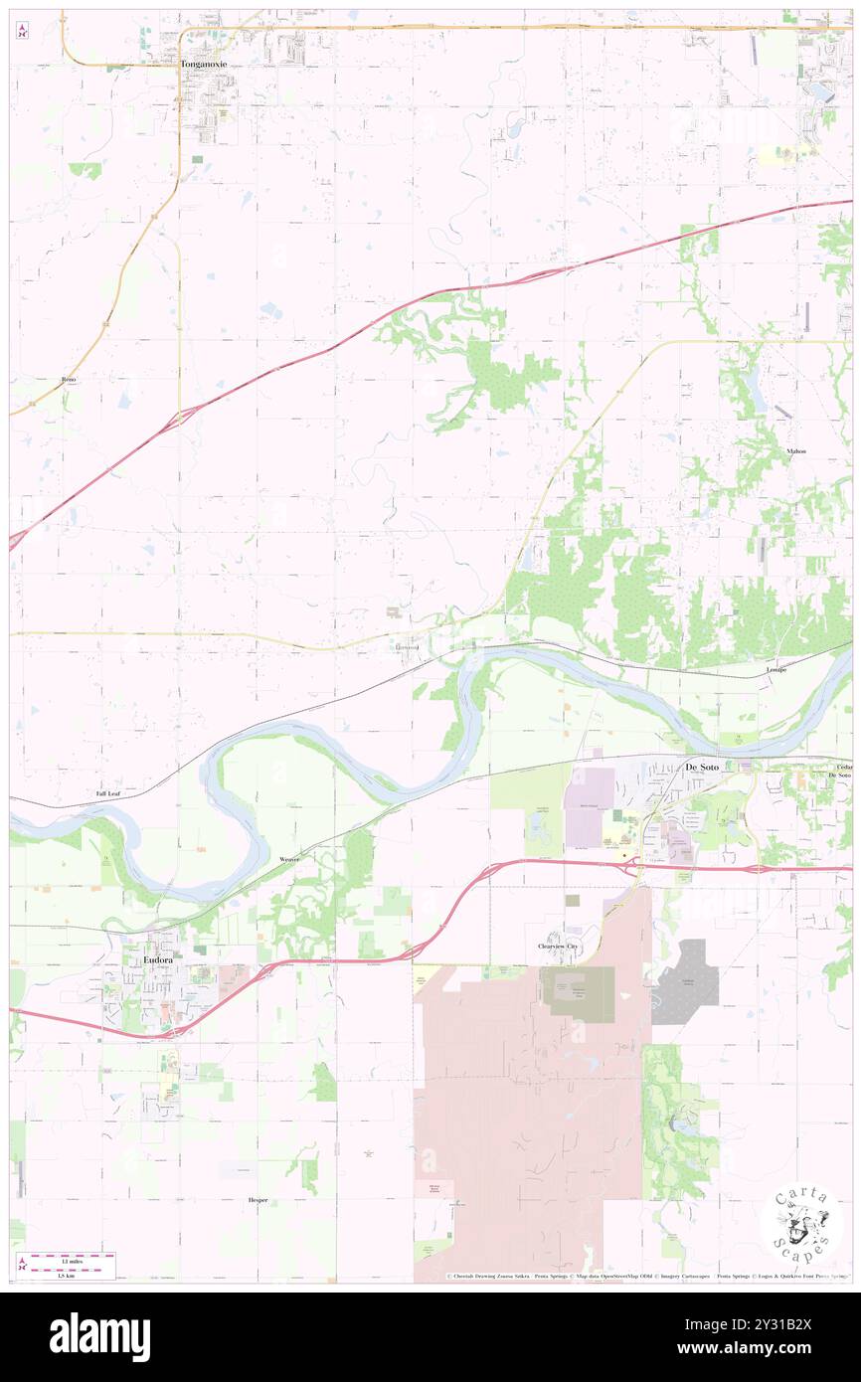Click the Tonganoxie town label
coord(204,64)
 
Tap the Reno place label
coord(69,380)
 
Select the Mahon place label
coord(796,450)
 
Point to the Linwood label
coord(407,648)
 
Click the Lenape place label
coord(776,669)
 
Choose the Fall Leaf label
coord(108,793)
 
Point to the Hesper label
coord(258,1200)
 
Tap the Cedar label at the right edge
coord(844,767)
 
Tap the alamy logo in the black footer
coord(99,1336)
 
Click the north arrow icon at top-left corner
coord(22,32)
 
